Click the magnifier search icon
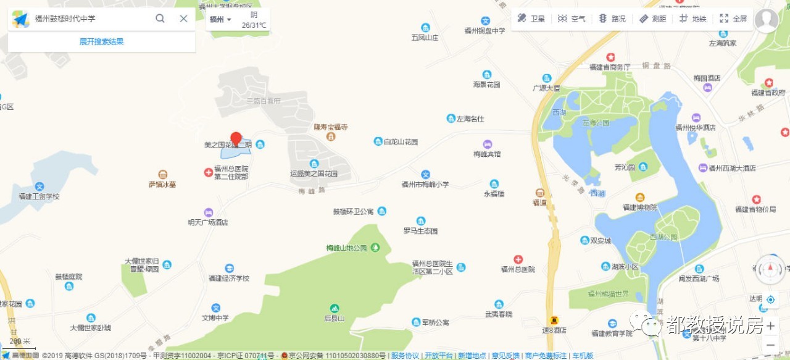coord(160,19)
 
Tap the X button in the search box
coord(183,19)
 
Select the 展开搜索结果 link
coord(101,41)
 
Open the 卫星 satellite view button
coord(531,19)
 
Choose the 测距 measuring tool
coord(652,19)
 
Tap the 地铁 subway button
coord(692,19)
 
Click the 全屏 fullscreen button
coord(733,19)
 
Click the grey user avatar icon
coord(766,20)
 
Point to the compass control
coord(770,269)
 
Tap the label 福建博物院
coord(640,207)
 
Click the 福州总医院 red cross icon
coord(518,259)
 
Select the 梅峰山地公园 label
coord(347,248)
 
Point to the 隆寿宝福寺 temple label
coord(331,127)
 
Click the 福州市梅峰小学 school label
coord(425,184)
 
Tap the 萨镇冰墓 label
coord(162,184)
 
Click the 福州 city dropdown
coord(220,19)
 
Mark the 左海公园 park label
coord(595,122)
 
